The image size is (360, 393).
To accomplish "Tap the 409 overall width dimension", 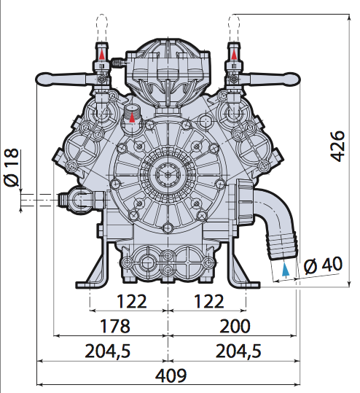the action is point(171,376).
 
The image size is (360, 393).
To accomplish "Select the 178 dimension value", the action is point(115,326).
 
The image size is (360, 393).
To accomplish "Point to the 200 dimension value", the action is point(235,326).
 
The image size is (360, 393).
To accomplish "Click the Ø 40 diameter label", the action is point(323,265).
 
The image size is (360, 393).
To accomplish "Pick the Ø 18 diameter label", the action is point(11,168).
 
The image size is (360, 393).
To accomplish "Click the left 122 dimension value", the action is point(132,301).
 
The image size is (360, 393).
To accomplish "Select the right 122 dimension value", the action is point(209,301).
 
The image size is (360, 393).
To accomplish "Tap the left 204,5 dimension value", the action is point(108,351).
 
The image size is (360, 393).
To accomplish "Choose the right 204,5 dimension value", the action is point(238,351).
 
